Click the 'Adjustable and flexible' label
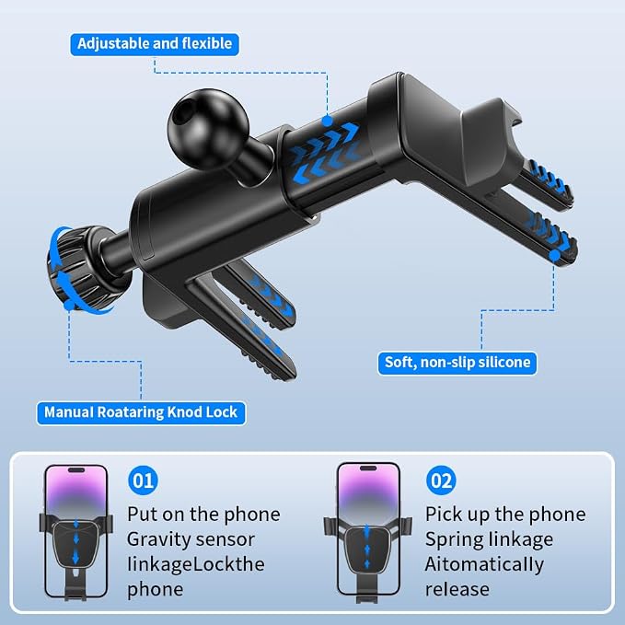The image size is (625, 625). click(155, 44)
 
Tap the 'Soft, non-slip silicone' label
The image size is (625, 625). click(457, 363)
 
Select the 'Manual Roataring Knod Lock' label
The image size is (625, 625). click(141, 412)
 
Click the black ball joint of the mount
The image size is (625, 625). click(208, 130)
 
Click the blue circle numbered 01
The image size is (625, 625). click(143, 480)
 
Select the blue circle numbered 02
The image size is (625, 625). click(441, 480)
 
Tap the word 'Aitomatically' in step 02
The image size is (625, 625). click(484, 565)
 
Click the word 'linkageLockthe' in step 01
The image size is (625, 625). click(196, 565)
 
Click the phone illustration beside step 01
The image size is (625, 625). click(76, 532)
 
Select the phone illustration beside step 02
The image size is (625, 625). click(368, 532)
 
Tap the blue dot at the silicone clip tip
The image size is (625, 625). click(554, 256)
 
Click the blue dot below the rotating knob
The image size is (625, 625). click(69, 306)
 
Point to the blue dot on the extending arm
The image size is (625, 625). click(327, 121)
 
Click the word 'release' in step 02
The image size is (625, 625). click(457, 589)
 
